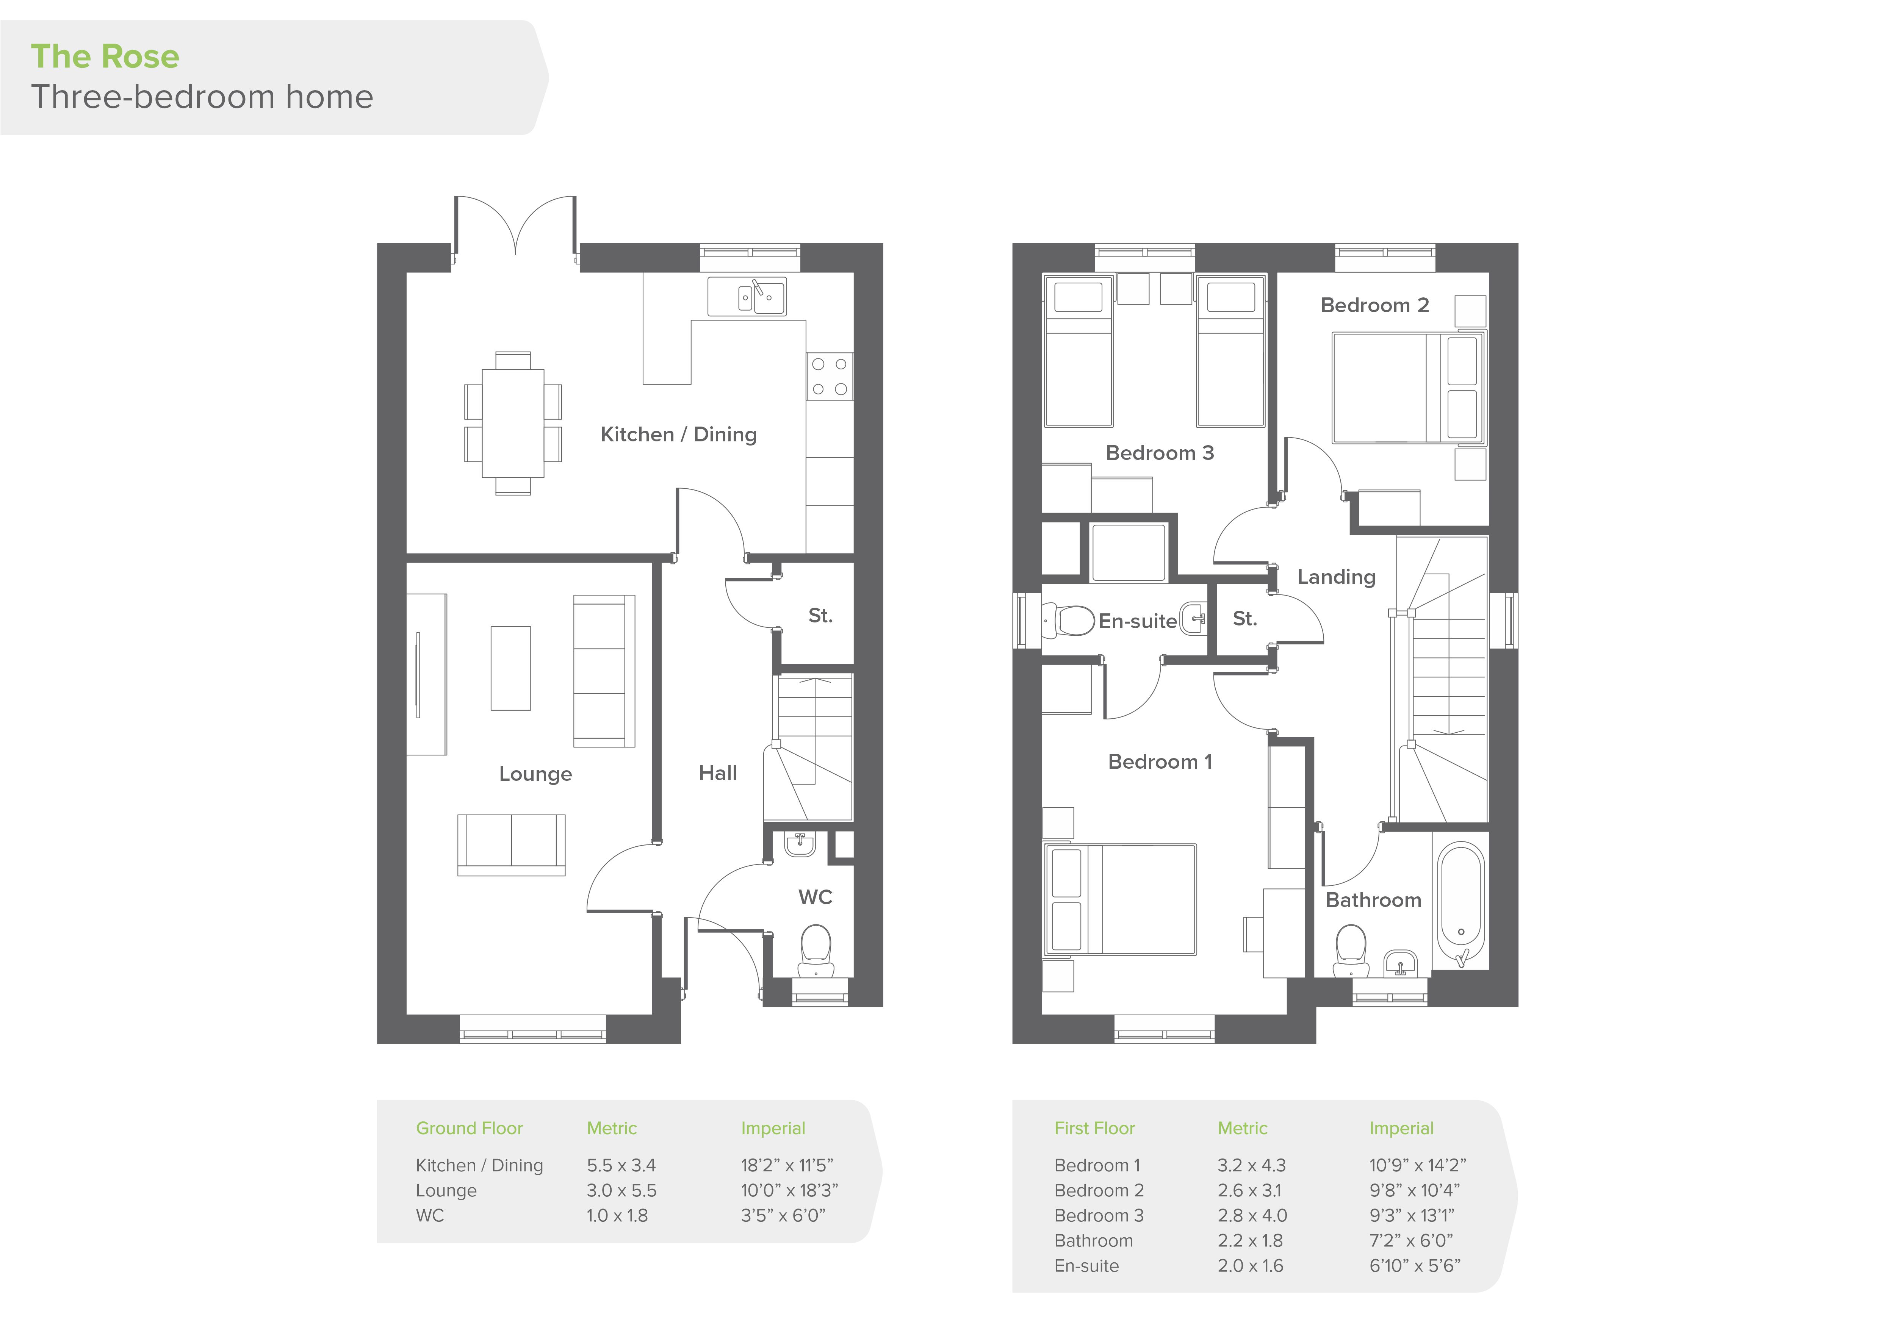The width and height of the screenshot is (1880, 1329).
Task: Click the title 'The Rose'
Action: point(105,56)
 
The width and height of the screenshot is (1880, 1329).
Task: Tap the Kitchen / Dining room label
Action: point(679,435)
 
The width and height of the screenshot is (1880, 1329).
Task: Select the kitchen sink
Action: point(748,296)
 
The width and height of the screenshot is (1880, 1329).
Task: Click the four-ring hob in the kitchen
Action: point(830,377)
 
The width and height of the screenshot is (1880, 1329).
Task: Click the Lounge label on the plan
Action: point(535,774)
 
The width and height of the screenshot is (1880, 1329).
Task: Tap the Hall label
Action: point(718,773)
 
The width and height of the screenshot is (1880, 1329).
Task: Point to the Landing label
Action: point(1336,577)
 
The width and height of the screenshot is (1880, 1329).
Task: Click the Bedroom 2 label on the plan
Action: point(1375,305)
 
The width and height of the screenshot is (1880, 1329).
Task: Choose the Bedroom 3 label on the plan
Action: point(1160,453)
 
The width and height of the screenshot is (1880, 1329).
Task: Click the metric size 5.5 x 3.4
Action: point(621,1165)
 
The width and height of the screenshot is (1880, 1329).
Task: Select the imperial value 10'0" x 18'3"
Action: point(789,1191)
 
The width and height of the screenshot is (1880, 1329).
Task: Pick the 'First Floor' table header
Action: point(1095,1129)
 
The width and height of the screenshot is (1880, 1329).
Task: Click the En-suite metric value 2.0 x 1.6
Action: point(1250,1266)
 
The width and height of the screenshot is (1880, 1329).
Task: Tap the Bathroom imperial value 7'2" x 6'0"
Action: point(1411,1241)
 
